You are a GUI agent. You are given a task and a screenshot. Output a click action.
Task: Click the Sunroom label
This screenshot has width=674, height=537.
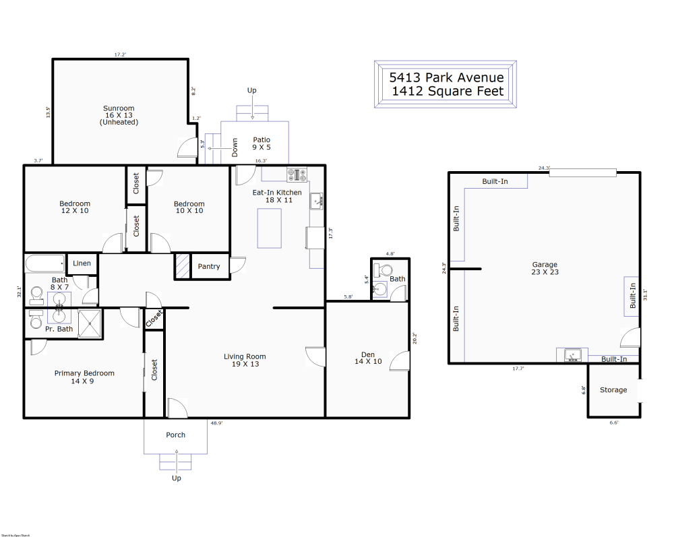[119, 108]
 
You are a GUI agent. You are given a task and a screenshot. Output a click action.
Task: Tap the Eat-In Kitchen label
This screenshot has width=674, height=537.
[277, 193]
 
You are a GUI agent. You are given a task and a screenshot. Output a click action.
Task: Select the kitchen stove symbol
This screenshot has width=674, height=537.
[297, 175]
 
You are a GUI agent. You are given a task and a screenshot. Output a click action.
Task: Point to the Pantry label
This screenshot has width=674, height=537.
[209, 266]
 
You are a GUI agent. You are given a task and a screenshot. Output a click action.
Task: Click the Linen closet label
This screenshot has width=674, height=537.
[82, 263]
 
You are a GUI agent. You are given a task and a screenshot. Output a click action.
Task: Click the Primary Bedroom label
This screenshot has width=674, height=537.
[84, 373]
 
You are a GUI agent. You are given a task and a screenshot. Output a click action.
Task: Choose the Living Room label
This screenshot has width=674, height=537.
[245, 356]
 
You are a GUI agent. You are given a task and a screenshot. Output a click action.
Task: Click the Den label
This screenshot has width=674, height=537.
[367, 354]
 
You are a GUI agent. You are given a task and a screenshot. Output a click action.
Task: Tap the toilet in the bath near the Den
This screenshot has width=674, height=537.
[384, 270]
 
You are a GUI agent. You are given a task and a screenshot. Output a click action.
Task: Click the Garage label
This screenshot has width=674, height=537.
[545, 265]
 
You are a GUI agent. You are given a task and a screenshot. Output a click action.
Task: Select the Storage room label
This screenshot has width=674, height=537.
[613, 390]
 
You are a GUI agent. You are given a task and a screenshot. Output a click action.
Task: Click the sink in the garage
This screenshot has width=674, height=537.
[572, 354]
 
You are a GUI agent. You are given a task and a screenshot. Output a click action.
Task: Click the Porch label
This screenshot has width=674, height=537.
[176, 435]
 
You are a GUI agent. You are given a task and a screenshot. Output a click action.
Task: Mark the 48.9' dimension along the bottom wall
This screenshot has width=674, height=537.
[216, 423]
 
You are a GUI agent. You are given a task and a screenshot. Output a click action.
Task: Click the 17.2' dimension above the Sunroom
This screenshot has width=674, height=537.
[120, 55]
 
